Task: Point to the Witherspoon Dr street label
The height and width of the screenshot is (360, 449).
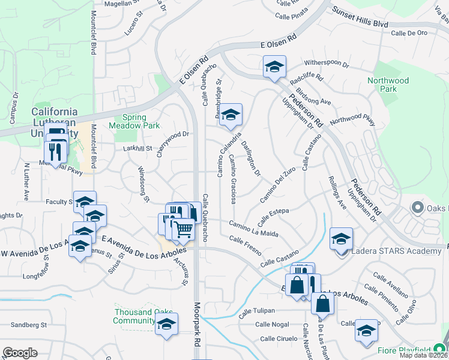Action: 327,62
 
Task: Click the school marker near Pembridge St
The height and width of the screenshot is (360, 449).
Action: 230,116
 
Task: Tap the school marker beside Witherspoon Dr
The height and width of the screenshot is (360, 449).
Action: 274,67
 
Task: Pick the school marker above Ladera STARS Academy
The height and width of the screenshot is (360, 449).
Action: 341,240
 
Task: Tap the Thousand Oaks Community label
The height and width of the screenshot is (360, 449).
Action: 143,316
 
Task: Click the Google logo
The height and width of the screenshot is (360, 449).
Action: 20,353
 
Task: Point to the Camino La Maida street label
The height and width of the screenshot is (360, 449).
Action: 253,228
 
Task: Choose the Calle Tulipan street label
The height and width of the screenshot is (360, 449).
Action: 256,311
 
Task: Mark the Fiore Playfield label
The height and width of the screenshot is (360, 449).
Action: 403,350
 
